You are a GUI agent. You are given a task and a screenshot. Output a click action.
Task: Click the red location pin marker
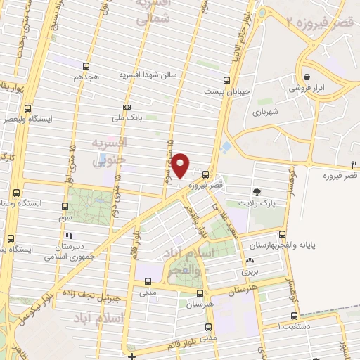click(181, 165)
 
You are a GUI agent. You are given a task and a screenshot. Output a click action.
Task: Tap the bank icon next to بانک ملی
click(127, 107)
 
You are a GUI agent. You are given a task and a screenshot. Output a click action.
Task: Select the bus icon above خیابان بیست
click(226, 80)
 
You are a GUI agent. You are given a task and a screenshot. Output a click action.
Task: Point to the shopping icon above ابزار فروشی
click(307, 77)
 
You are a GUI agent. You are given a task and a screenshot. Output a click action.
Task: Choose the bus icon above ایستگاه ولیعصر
click(27, 108)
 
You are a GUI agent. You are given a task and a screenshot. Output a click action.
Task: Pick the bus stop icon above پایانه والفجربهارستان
click(283, 234)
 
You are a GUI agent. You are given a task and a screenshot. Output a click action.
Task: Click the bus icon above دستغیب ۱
click(293, 316)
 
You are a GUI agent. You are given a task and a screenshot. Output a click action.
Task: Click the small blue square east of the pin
click(226, 148)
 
